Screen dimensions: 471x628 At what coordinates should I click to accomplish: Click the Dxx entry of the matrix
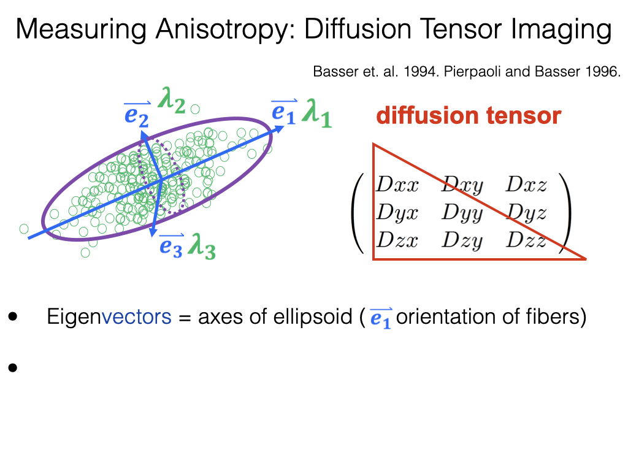(397, 185)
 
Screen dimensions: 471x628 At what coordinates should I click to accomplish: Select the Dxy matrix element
(462, 185)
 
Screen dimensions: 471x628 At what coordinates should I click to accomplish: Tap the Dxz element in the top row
(526, 185)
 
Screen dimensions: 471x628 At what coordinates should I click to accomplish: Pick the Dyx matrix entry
(397, 213)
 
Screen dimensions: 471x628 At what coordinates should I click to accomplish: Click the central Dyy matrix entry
(462, 213)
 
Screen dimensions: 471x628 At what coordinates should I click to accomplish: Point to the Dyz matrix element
(526, 213)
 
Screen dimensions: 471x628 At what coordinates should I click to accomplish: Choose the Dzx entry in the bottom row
(397, 240)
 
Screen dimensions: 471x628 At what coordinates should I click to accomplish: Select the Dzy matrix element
(462, 240)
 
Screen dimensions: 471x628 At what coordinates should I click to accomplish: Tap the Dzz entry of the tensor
(526, 240)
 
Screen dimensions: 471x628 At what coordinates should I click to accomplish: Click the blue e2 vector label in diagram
(136, 114)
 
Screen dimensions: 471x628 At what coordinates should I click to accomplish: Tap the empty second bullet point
(12, 368)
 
